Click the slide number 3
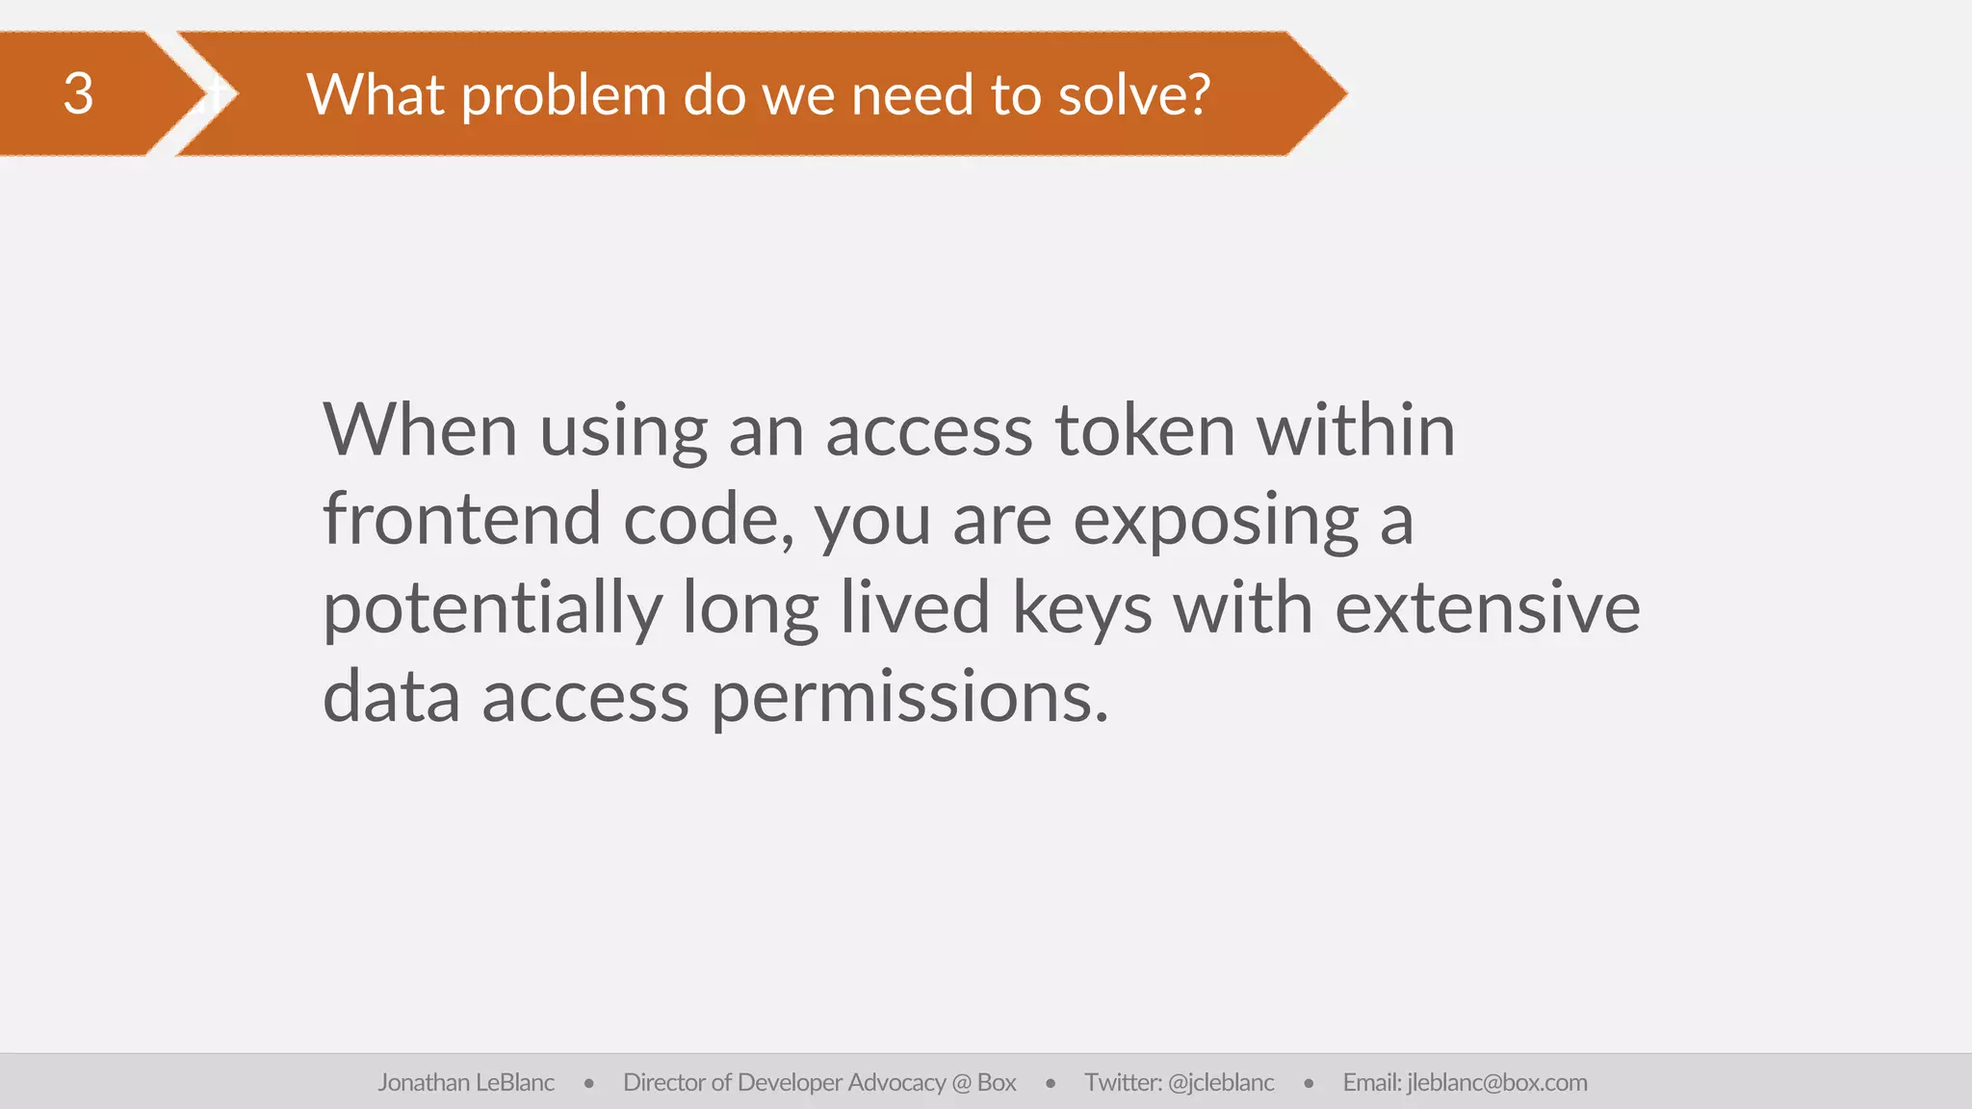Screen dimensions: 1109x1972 (78, 94)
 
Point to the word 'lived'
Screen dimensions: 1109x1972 (915, 607)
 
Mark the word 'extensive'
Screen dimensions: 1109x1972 (1487, 607)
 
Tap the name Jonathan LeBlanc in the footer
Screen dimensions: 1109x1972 (466, 1083)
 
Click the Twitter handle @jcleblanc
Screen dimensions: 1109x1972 (1220, 1083)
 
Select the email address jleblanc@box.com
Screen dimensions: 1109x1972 (1496, 1083)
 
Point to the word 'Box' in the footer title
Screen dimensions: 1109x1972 (997, 1083)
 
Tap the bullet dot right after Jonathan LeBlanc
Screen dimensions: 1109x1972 (588, 1084)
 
